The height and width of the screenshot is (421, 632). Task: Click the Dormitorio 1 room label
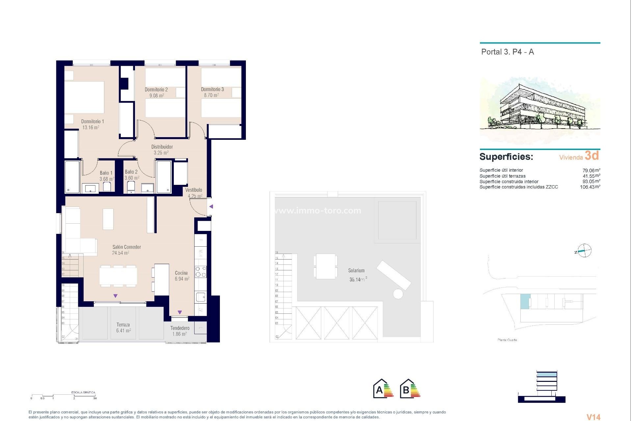(x=92, y=121)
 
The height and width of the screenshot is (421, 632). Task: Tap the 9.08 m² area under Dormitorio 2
(x=157, y=96)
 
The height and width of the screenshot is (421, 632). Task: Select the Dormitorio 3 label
(x=212, y=89)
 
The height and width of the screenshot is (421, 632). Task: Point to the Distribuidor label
(x=162, y=147)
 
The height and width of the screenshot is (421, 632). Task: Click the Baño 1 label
(x=106, y=173)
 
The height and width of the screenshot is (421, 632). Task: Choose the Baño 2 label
(x=131, y=172)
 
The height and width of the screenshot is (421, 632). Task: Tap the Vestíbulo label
(x=194, y=190)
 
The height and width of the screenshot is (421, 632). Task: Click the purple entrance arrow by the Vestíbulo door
(x=211, y=207)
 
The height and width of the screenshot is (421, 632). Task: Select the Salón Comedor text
(x=126, y=247)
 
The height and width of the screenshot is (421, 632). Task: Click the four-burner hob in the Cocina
(x=200, y=272)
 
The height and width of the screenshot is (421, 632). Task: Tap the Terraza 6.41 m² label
(x=123, y=328)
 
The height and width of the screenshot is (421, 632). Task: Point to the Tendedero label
(x=180, y=328)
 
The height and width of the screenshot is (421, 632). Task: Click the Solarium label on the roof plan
(x=356, y=270)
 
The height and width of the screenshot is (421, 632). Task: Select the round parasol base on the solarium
(x=398, y=294)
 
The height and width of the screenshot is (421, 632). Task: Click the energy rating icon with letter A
(x=383, y=389)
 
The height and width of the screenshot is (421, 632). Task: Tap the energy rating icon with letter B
(x=410, y=389)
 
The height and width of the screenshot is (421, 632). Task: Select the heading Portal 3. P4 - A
(x=507, y=52)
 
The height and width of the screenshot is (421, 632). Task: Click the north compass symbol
(x=584, y=251)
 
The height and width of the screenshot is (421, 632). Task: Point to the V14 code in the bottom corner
(x=593, y=417)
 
